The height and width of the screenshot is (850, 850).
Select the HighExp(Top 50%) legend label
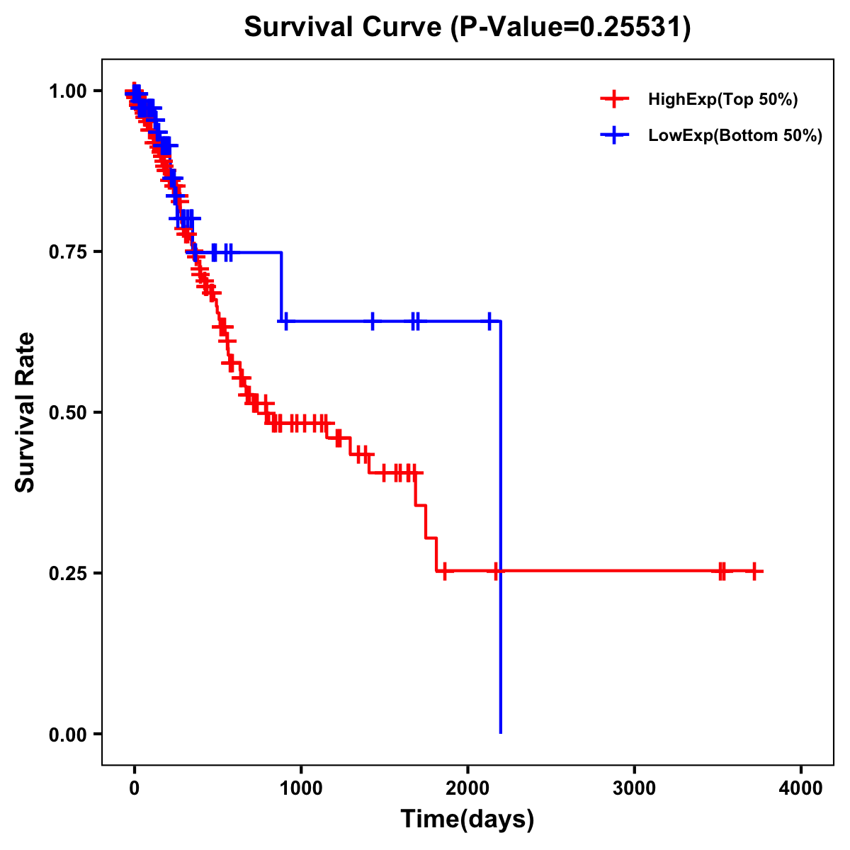[722, 100]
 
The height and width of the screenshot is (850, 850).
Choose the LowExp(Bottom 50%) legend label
[735, 136]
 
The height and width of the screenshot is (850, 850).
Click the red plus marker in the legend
[614, 99]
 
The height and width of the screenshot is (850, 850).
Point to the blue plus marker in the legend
[614, 135]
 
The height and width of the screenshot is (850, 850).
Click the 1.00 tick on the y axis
[67, 91]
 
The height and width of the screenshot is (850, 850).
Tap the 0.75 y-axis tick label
[67, 252]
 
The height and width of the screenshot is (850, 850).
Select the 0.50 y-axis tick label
[67, 412]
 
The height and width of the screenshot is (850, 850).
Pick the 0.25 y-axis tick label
[67, 573]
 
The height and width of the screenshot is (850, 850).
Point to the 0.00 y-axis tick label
[67, 734]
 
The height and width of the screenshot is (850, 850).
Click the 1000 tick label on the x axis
[301, 788]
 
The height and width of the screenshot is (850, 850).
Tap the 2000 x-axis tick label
[467, 788]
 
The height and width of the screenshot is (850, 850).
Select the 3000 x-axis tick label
[634, 788]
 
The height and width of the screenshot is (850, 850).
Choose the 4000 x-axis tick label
[801, 788]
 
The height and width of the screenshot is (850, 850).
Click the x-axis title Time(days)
[467, 820]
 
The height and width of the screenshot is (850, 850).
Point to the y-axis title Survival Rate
[25, 412]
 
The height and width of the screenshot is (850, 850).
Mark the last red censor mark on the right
[754, 571]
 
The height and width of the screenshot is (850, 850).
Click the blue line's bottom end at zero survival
[501, 732]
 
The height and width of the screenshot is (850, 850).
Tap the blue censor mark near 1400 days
[373, 321]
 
